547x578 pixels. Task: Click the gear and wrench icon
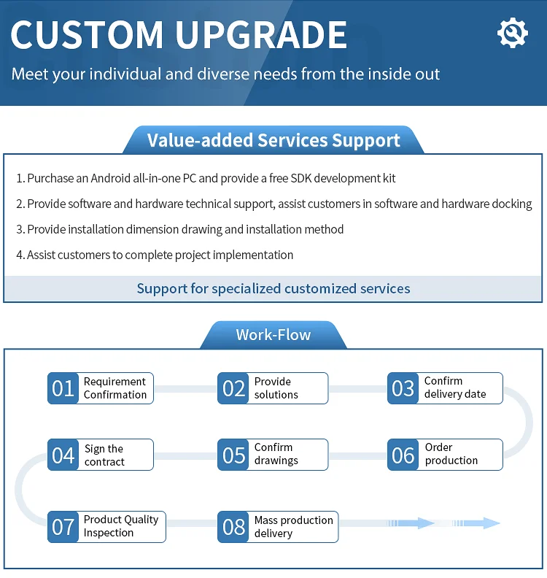point(512,33)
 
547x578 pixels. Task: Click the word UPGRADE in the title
point(263,34)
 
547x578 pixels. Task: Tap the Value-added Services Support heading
point(273,140)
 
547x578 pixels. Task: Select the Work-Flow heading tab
point(273,335)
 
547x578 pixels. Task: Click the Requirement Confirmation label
point(115,388)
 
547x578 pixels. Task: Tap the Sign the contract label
point(104,455)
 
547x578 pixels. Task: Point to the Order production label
point(451,454)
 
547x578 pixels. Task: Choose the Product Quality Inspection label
point(121,526)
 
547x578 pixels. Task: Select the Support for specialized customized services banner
point(273,288)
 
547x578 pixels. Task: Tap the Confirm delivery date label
point(454,388)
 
